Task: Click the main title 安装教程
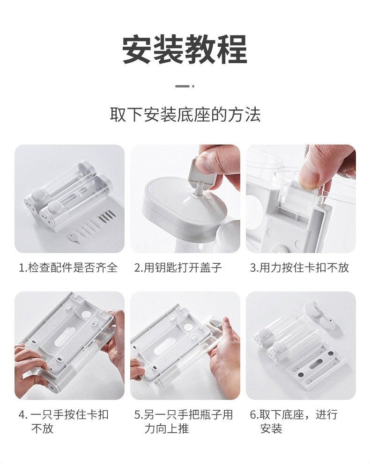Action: pyautogui.click(x=185, y=49)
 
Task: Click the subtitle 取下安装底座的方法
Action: pyautogui.click(x=185, y=115)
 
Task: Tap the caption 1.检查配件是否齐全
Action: pyautogui.click(x=68, y=268)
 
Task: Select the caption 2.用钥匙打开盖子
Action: pyautogui.click(x=178, y=268)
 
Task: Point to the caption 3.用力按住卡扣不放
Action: pyautogui.click(x=299, y=268)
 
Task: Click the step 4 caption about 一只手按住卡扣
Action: pyautogui.click(x=63, y=421)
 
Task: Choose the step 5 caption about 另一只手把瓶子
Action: pyautogui.click(x=184, y=421)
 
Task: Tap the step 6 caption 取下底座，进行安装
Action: pyautogui.click(x=294, y=421)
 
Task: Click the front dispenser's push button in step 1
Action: pyautogui.click(x=54, y=206)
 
